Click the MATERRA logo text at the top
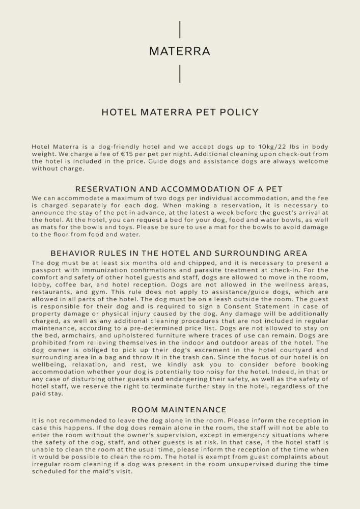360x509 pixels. tap(180, 51)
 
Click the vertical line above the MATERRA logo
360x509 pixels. tap(180, 30)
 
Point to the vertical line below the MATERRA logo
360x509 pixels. tap(180, 74)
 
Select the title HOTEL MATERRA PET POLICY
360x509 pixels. tap(180, 112)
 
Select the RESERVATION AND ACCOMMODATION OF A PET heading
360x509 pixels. tap(179, 189)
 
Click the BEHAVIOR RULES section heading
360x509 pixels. tap(179, 253)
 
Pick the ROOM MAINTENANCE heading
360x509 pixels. tap(179, 410)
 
